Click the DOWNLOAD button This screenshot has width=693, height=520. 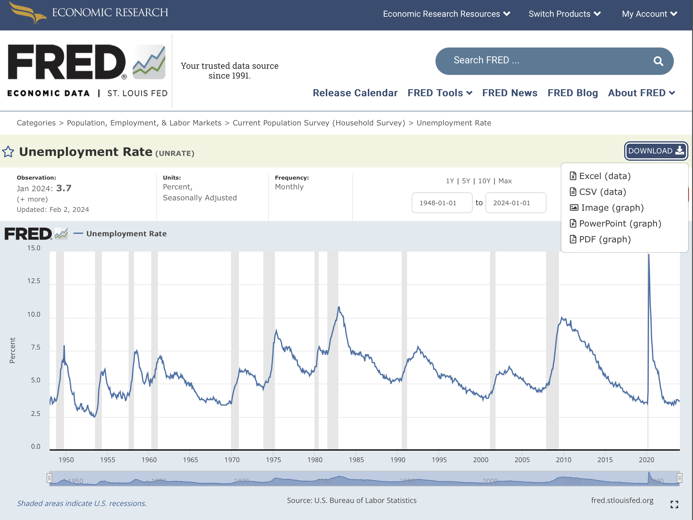click(656, 151)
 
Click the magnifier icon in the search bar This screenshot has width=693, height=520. click(658, 61)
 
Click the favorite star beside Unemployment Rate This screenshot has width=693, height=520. click(8, 152)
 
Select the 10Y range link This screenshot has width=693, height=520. click(484, 181)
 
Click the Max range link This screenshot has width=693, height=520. click(505, 181)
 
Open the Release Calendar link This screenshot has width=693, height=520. click(355, 93)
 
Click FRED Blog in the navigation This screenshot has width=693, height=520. click(572, 93)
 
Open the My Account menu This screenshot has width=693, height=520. click(649, 14)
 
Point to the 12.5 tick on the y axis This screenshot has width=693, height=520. click(34, 281)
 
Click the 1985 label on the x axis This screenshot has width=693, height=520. click(356, 460)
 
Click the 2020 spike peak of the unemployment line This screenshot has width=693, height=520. click(649, 255)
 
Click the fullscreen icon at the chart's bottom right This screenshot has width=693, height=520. click(674, 504)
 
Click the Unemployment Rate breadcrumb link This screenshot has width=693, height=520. click(454, 123)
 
